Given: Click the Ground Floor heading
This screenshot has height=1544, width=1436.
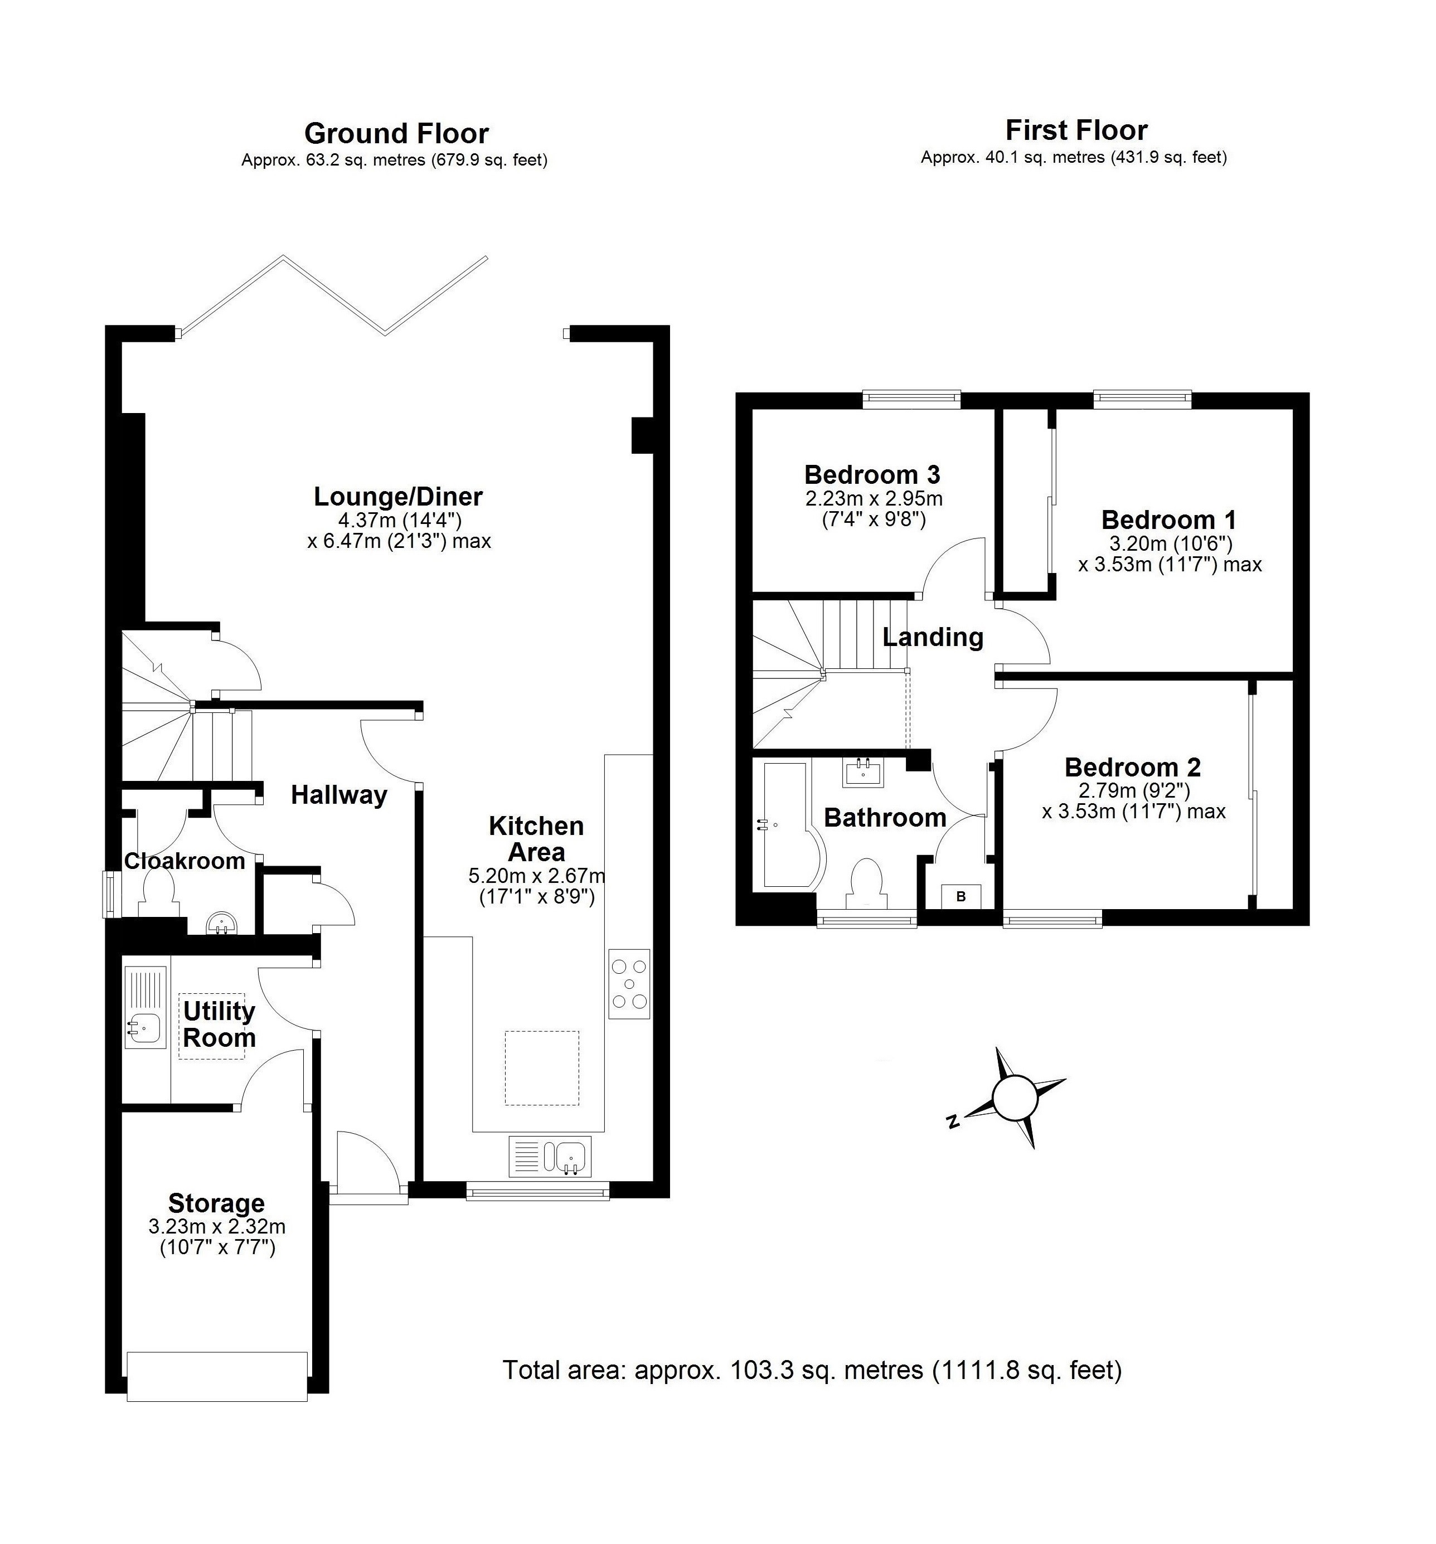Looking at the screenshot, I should [x=396, y=134].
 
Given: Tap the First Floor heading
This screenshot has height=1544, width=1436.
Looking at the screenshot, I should [x=1076, y=130].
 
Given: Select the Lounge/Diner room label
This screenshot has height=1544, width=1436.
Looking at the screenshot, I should [x=397, y=496].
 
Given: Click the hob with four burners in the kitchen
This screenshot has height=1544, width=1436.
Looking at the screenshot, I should [x=629, y=983].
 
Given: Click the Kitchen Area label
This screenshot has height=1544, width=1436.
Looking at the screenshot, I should [x=536, y=839].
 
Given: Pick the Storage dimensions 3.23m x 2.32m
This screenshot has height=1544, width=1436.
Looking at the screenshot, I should [x=217, y=1226].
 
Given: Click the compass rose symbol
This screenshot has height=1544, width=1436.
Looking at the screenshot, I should [x=1015, y=1098].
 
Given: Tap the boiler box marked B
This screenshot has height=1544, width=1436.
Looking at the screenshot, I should [x=960, y=896].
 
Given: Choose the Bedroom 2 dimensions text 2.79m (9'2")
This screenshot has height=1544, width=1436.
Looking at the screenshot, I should [x=1133, y=790].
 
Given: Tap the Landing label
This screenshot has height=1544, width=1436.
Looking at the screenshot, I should [x=933, y=637].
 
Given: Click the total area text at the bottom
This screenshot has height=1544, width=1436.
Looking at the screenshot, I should [x=812, y=1369].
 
